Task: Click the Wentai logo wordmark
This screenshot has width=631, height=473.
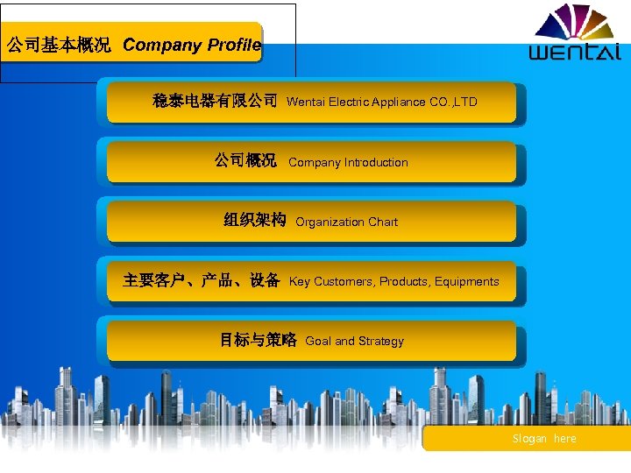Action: coord(574,52)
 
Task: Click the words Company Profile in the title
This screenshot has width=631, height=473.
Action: coord(192,46)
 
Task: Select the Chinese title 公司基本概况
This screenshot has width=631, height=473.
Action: coord(59,46)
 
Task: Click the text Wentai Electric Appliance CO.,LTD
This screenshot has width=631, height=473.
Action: coord(382,102)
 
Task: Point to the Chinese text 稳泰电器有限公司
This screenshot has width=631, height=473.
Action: coord(215,102)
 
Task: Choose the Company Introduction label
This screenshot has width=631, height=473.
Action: coord(348,162)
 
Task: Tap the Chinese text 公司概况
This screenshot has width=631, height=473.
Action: coord(245,161)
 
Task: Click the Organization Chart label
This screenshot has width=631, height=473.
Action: coord(346,222)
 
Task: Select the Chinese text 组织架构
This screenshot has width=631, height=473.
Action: coord(254,221)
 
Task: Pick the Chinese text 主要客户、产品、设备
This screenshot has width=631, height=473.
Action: coord(202,280)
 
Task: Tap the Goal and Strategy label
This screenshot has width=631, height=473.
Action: coord(354,341)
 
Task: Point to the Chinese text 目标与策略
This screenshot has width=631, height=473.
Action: coord(258,340)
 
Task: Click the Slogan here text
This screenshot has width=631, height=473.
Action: coord(544,439)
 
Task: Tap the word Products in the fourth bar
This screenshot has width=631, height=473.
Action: coord(403,281)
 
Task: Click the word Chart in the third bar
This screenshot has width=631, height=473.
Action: coord(383,222)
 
